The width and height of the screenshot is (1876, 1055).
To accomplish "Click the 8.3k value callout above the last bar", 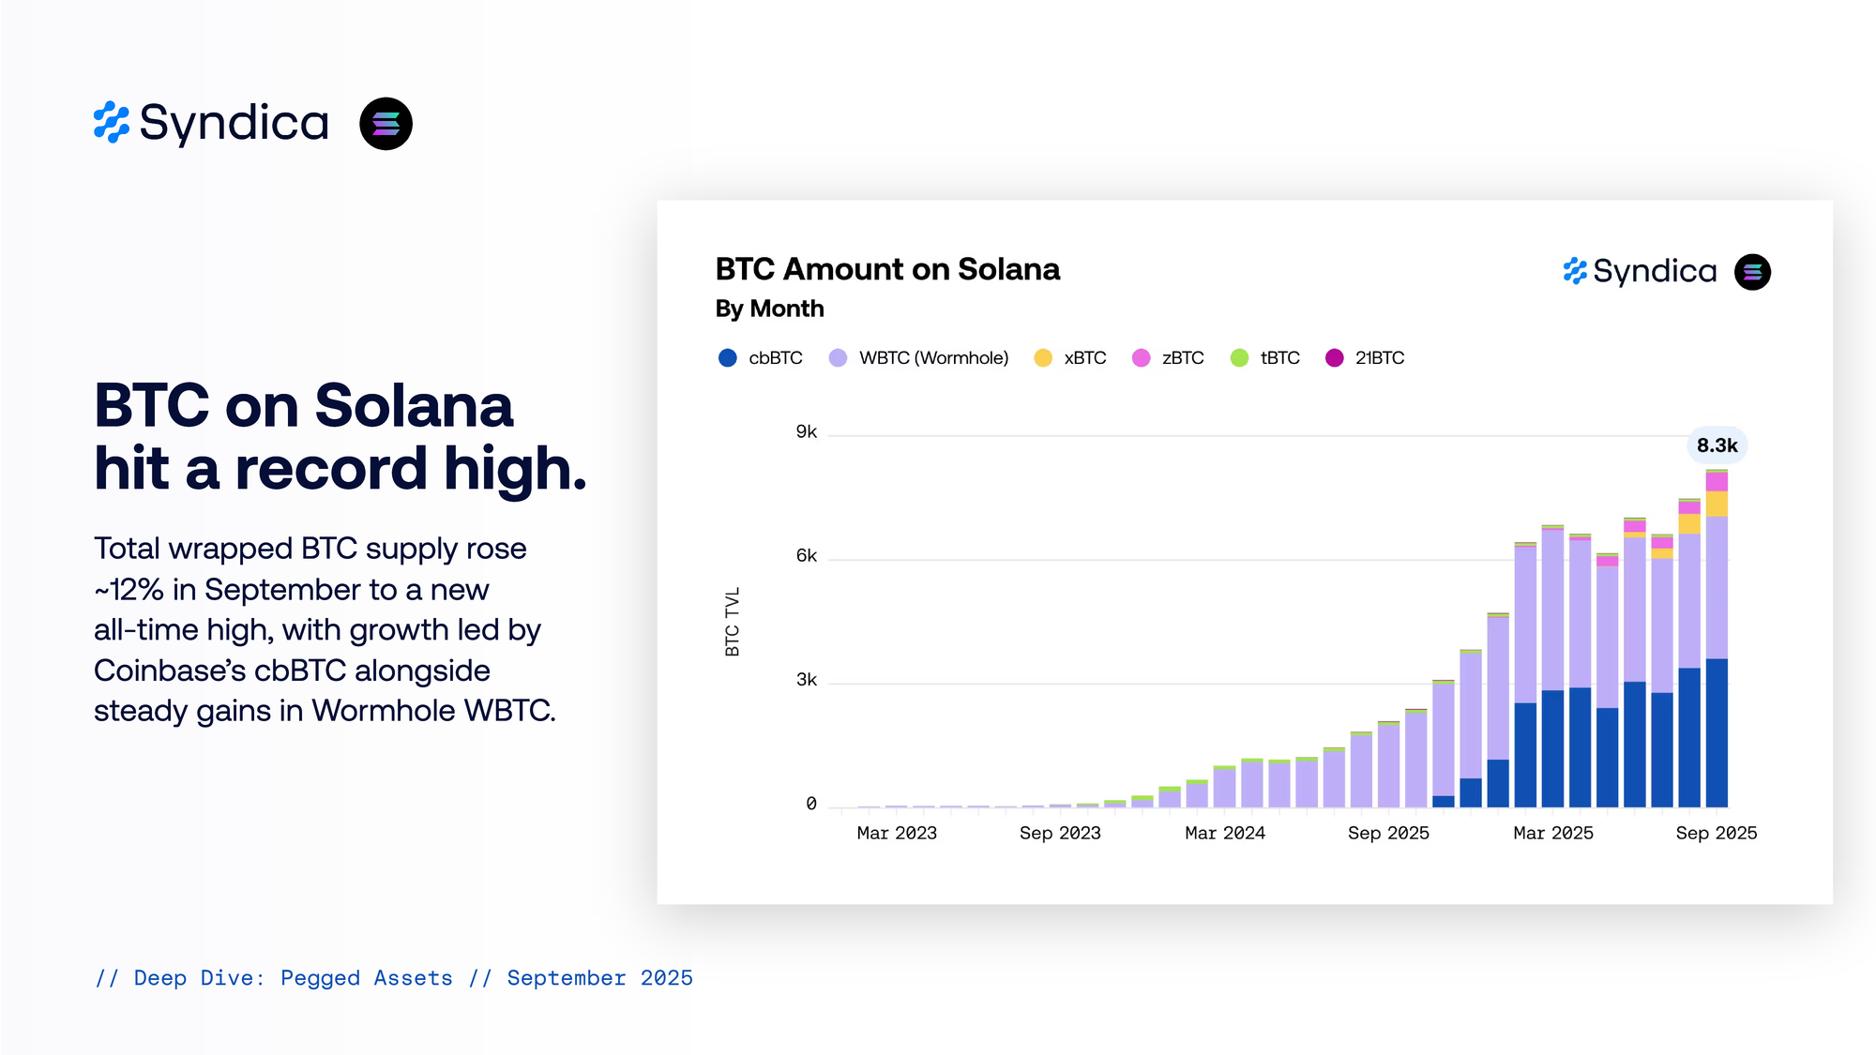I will [1717, 445].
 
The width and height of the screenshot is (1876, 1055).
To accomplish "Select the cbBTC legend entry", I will [761, 358].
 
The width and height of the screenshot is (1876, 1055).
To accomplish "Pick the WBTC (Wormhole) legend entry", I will [919, 358].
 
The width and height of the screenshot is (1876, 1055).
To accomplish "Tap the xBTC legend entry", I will [1070, 358].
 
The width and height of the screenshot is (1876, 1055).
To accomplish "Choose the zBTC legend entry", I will [1169, 358].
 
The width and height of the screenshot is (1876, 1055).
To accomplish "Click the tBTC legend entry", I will [1265, 358].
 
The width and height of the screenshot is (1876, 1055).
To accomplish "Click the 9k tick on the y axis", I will [807, 432].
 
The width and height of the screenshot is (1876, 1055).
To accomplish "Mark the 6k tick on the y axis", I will [807, 556].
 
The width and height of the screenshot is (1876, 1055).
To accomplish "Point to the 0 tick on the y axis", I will [811, 804].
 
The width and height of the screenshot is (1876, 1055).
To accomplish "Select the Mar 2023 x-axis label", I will [897, 833].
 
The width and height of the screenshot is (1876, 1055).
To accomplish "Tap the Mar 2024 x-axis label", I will [1225, 833].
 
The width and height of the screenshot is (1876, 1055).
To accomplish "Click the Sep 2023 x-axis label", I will [1060, 833].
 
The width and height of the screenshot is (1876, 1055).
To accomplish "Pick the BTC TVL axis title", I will [733, 622].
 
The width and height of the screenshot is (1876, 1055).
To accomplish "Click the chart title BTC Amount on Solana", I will [887, 270].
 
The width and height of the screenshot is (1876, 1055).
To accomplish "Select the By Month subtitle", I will [769, 309].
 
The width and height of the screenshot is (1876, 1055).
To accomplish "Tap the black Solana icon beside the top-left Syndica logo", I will [386, 124].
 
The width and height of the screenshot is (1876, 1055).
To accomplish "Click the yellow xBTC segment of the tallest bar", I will [1717, 504].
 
